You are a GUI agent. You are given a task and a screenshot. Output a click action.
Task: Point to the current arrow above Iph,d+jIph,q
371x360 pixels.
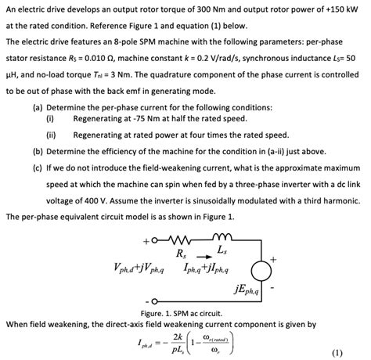[x=200, y=256]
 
